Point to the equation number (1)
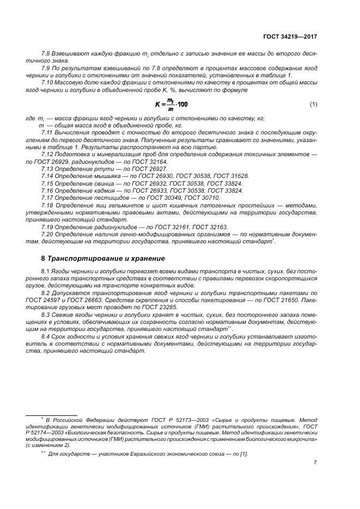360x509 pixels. [313, 103]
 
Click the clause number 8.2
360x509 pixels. [46, 292]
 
